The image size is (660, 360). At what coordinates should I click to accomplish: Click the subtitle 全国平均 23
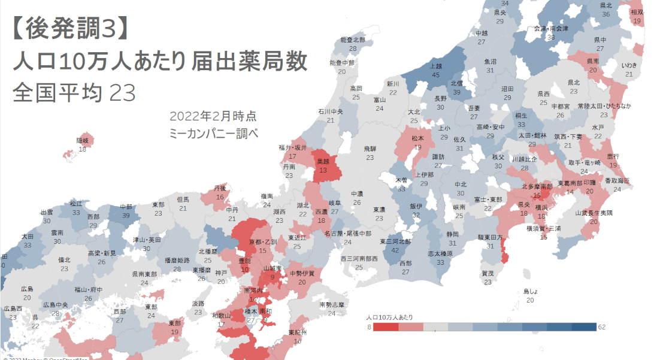coord(74,93)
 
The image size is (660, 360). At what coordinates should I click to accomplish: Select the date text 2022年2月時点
coord(213,116)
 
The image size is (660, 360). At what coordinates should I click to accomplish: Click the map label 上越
coord(436,66)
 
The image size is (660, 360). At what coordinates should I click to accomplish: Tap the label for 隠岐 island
coord(82,140)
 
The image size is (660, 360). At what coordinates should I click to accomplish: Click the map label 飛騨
coord(370,149)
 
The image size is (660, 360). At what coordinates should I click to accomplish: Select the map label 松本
coord(417,138)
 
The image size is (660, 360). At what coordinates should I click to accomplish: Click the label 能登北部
coord(353,40)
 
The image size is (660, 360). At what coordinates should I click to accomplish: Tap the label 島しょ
coord(531,292)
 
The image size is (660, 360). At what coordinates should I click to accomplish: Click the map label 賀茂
coord(488,274)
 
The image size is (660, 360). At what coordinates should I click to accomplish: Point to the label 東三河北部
coord(395,241)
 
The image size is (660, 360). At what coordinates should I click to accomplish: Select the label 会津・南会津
coord(550,28)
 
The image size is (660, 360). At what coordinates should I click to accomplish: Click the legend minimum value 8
coord(370,327)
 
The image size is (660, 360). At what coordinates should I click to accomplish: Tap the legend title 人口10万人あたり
coord(389,316)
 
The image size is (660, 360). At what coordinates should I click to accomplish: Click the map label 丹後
coord(220,188)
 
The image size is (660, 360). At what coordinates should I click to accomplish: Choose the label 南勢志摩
coord(332,305)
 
